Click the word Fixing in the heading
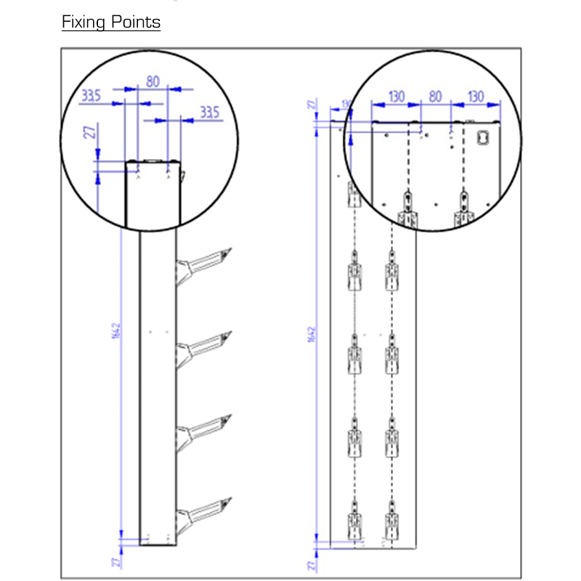(x=84, y=22)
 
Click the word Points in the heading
(x=135, y=22)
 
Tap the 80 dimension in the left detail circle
(x=153, y=81)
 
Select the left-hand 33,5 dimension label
(x=92, y=96)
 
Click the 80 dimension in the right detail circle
(x=435, y=96)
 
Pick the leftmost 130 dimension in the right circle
(x=396, y=96)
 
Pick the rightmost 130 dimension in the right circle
(x=475, y=96)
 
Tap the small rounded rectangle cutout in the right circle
(x=484, y=136)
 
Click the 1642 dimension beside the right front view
(x=312, y=333)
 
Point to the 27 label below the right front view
(x=312, y=564)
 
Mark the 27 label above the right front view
(x=312, y=105)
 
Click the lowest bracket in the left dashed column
(x=354, y=521)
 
